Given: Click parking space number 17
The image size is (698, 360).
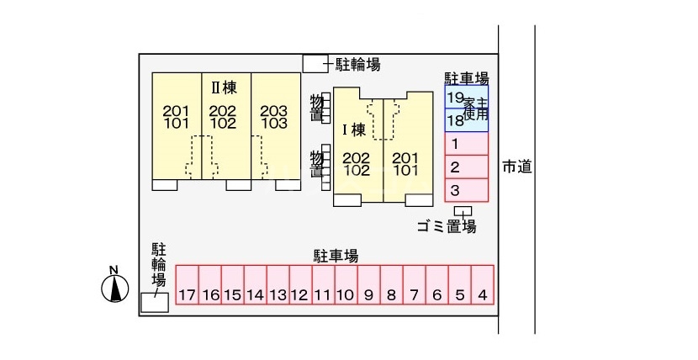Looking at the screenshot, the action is [x=187, y=285].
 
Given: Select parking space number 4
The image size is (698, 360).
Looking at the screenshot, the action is [x=483, y=285].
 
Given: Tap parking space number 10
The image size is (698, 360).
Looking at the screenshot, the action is [x=346, y=285].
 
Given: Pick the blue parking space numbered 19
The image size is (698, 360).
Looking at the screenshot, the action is [x=467, y=97].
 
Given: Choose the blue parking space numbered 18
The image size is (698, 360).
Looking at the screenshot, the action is [x=467, y=120].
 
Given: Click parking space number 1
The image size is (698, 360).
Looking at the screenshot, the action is [x=467, y=144].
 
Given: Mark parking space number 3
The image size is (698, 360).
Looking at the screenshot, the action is [x=467, y=190].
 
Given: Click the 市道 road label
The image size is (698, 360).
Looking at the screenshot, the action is [x=517, y=167].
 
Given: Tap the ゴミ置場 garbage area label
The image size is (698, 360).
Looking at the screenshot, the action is [x=447, y=226].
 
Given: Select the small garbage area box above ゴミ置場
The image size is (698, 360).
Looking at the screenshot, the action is [x=463, y=211].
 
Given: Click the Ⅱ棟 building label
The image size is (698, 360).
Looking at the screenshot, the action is [x=224, y=88].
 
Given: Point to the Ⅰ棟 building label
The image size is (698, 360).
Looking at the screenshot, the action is [x=354, y=130].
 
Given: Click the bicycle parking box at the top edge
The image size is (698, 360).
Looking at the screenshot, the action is [x=315, y=63].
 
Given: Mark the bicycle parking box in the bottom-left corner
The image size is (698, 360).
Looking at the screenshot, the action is [x=155, y=302].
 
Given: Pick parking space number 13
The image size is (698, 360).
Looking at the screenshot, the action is [x=278, y=285].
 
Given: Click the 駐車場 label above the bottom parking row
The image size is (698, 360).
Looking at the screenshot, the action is [x=336, y=256].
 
